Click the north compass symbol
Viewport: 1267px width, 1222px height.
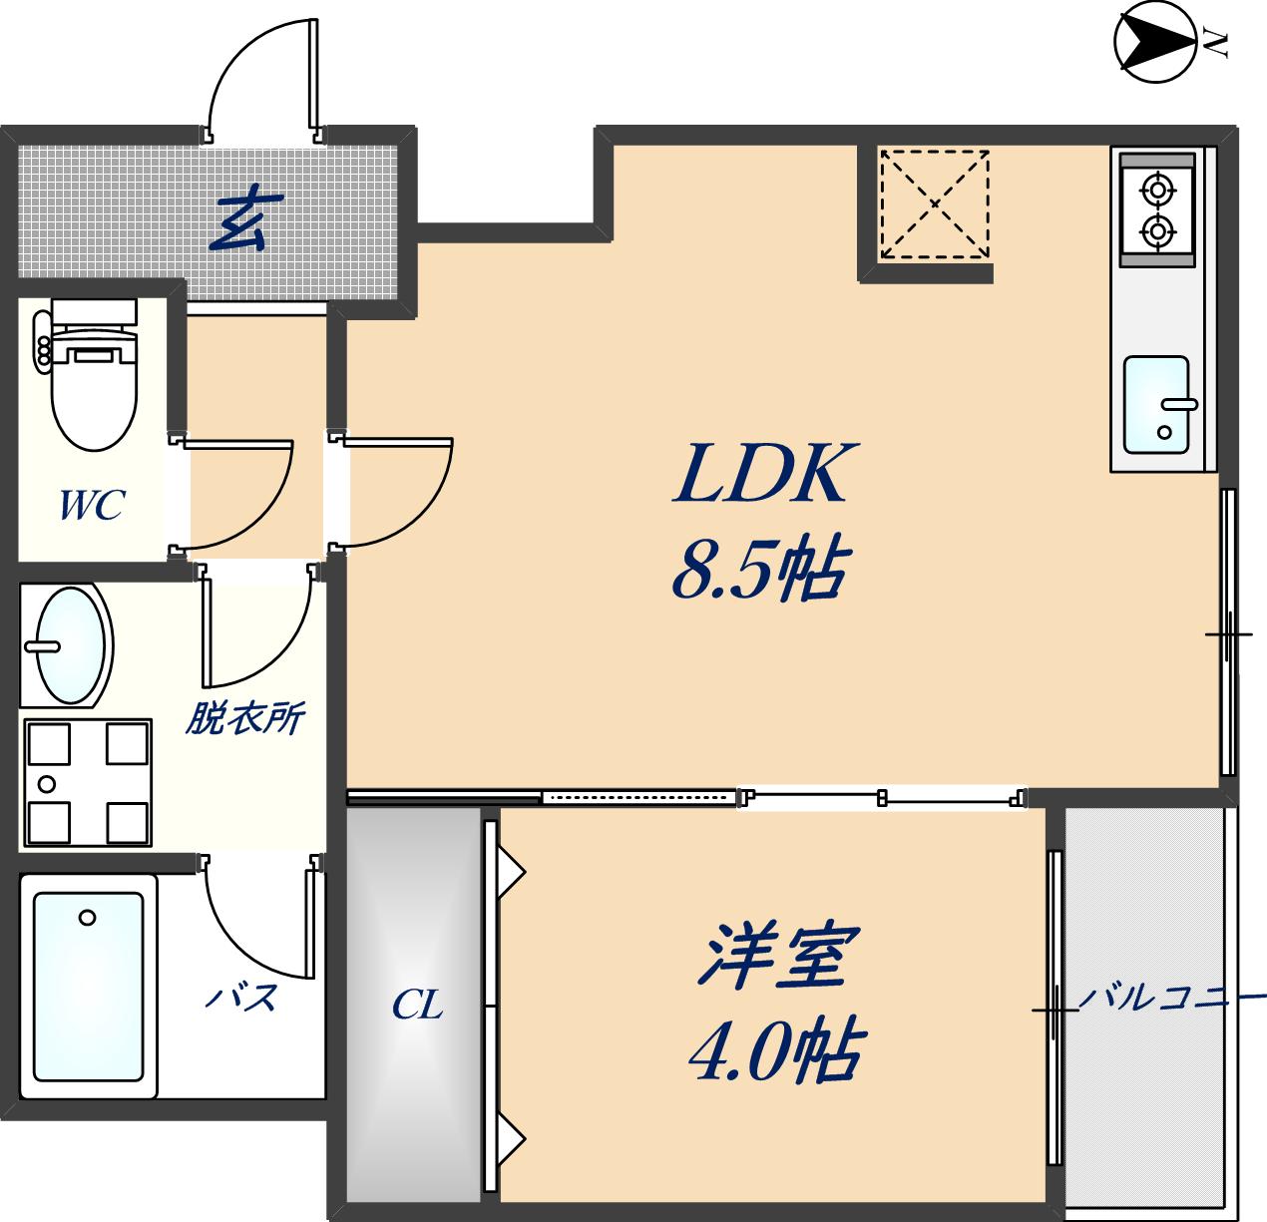point(1155,41)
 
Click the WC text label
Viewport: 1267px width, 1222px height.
point(91,506)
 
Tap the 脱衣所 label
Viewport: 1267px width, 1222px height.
point(244,718)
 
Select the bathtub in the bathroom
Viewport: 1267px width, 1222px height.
point(88,987)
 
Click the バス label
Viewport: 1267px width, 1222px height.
point(240,997)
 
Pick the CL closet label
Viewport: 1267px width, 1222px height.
point(417,1005)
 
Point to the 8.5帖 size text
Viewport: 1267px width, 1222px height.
point(760,571)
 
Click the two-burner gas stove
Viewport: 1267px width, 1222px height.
point(1156,209)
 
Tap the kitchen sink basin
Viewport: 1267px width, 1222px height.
point(1156,405)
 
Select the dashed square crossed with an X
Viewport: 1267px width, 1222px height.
point(934,204)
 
